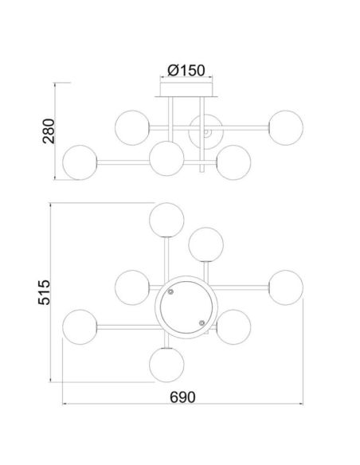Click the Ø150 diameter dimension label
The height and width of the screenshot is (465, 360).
click(x=186, y=71)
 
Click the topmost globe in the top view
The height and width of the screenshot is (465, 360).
click(x=166, y=221)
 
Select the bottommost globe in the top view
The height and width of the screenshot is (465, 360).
click(x=166, y=364)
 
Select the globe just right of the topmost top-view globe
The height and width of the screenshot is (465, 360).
click(x=205, y=243)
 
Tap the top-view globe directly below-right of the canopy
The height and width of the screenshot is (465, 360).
click(x=233, y=326)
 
